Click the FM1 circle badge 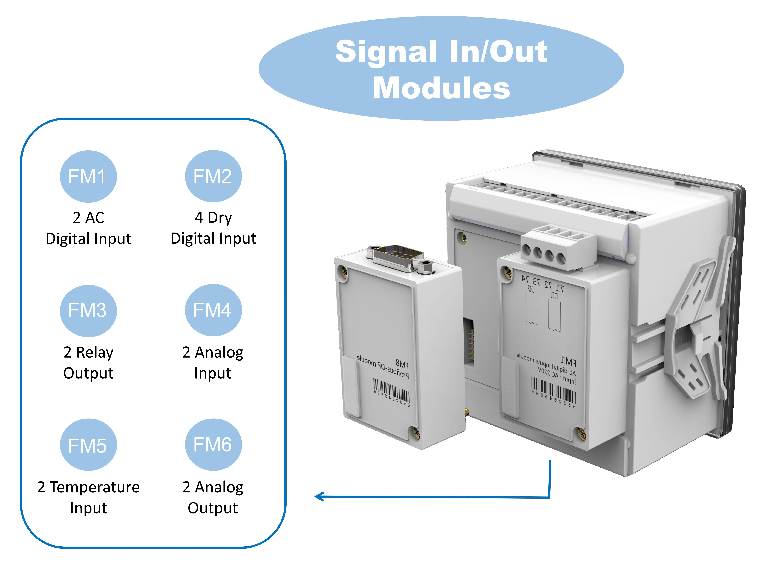pyautogui.click(x=88, y=176)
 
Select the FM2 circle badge pyautogui.click(x=213, y=176)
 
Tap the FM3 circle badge pyautogui.click(x=88, y=310)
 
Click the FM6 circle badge pyautogui.click(x=213, y=444)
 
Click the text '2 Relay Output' pyautogui.click(x=88, y=363)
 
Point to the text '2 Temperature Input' pyautogui.click(x=88, y=497)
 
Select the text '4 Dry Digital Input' pyautogui.click(x=213, y=228)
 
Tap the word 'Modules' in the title pyautogui.click(x=441, y=88)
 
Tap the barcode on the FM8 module pyautogui.click(x=392, y=392)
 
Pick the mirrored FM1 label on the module pyautogui.click(x=569, y=362)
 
